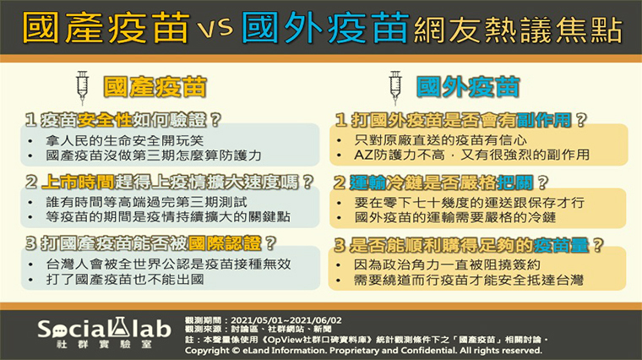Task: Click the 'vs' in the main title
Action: tap(215, 28)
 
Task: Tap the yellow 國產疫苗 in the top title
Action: tap(106, 27)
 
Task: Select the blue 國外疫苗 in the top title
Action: tap(325, 27)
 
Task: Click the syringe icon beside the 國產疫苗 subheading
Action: tap(82, 88)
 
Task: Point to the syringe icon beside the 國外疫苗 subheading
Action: tap(395, 88)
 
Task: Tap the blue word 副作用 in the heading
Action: tap(544, 120)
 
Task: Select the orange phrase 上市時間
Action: tap(78, 182)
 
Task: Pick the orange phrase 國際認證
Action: tap(225, 243)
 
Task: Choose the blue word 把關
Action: tap(514, 183)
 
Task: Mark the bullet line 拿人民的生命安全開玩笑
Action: tap(124, 141)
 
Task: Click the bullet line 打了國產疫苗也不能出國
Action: tap(125, 280)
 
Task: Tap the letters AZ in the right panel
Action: tap(363, 155)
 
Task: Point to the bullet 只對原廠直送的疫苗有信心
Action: tap(441, 140)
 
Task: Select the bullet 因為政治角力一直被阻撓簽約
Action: tap(447, 265)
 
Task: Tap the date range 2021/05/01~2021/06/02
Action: tap(286, 320)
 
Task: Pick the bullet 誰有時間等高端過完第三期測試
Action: tap(147, 202)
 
